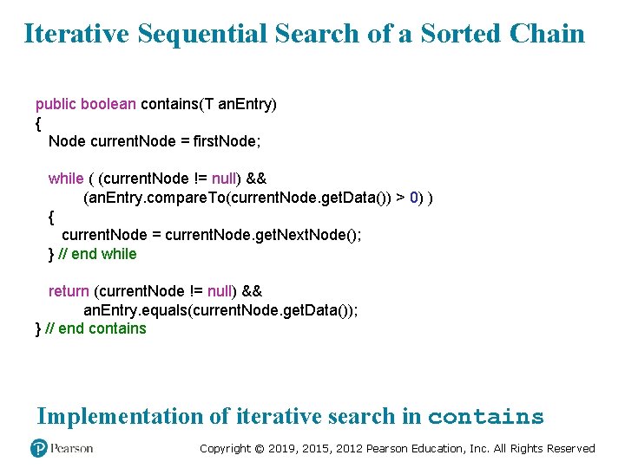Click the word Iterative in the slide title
[x=76, y=34]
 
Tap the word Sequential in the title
[x=201, y=34]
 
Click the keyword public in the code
[x=56, y=104]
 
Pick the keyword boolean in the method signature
[x=108, y=104]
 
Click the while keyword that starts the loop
[x=66, y=179]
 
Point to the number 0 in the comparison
[x=414, y=198]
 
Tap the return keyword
[x=69, y=291]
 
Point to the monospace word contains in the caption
[x=485, y=417]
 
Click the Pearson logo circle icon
[x=38, y=448]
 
